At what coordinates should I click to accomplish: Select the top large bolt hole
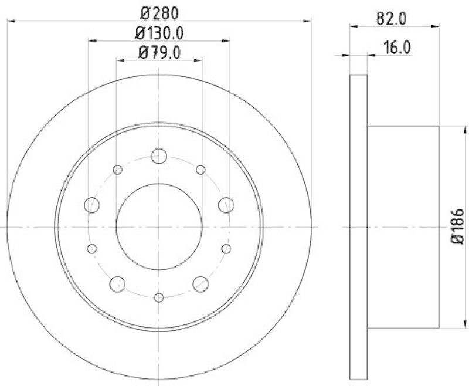(159, 156)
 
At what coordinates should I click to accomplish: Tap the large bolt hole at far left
(92, 205)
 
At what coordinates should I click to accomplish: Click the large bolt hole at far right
(226, 205)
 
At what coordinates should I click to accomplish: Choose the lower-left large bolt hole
(118, 284)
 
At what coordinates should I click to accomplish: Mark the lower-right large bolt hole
(200, 284)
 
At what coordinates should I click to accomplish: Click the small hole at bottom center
(159, 298)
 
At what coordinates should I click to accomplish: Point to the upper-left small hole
(117, 170)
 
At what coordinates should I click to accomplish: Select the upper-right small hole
(200, 170)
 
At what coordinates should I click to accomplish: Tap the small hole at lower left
(91, 249)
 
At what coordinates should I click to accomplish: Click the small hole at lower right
(226, 249)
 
